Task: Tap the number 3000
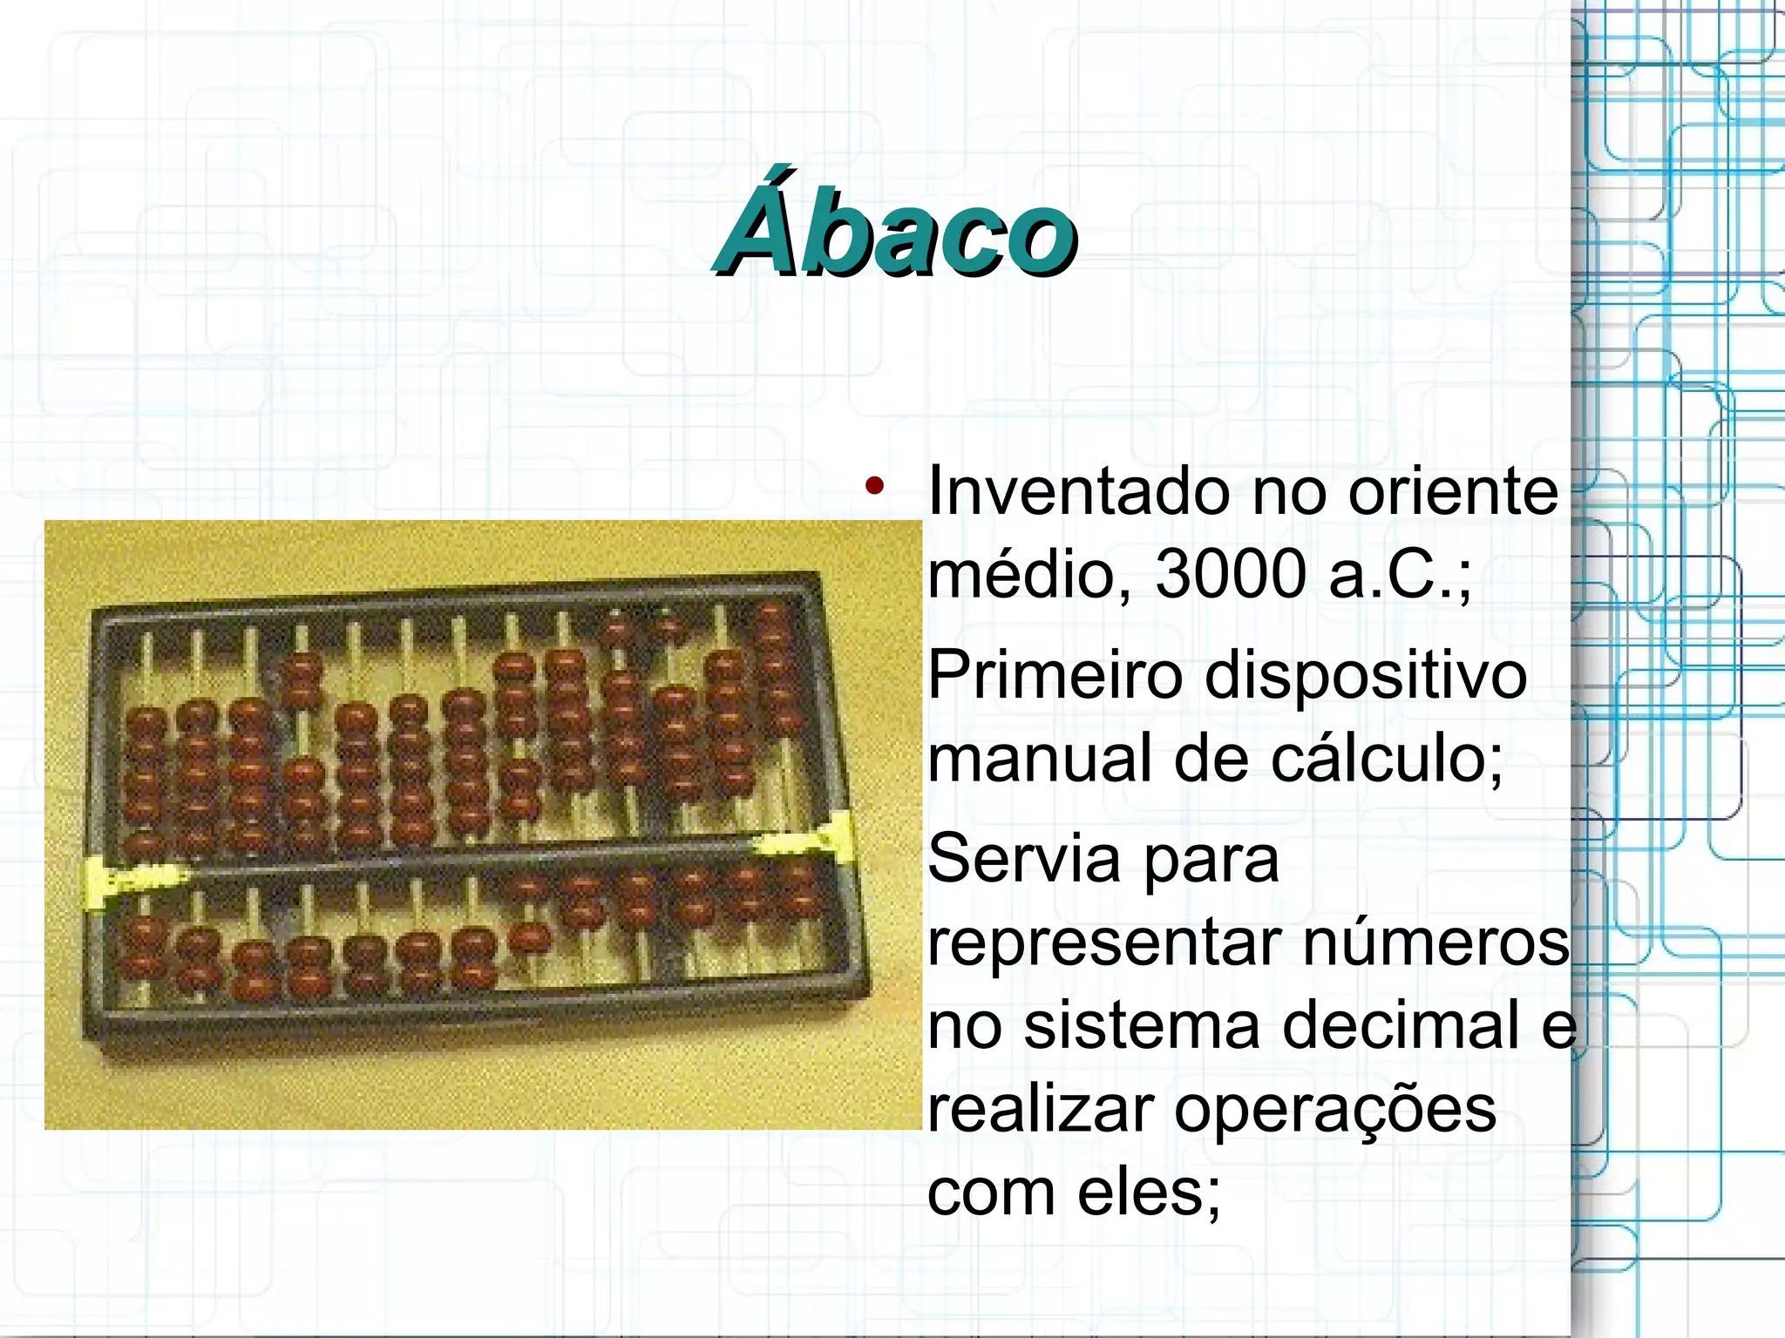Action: (x=1231, y=575)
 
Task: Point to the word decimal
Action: (x=1402, y=1025)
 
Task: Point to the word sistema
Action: (x=1142, y=1025)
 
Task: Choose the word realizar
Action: (x=1042, y=1109)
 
